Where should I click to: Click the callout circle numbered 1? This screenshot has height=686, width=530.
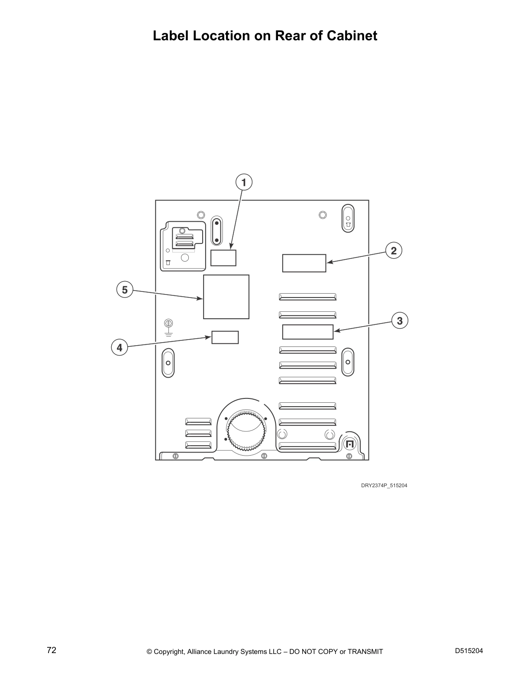[244, 182]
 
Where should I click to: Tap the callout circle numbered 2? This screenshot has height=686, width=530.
[394, 251]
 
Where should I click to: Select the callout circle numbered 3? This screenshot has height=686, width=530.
[400, 321]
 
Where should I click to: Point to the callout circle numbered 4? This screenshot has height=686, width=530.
[120, 348]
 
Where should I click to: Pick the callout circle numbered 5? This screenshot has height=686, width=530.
[125, 290]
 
